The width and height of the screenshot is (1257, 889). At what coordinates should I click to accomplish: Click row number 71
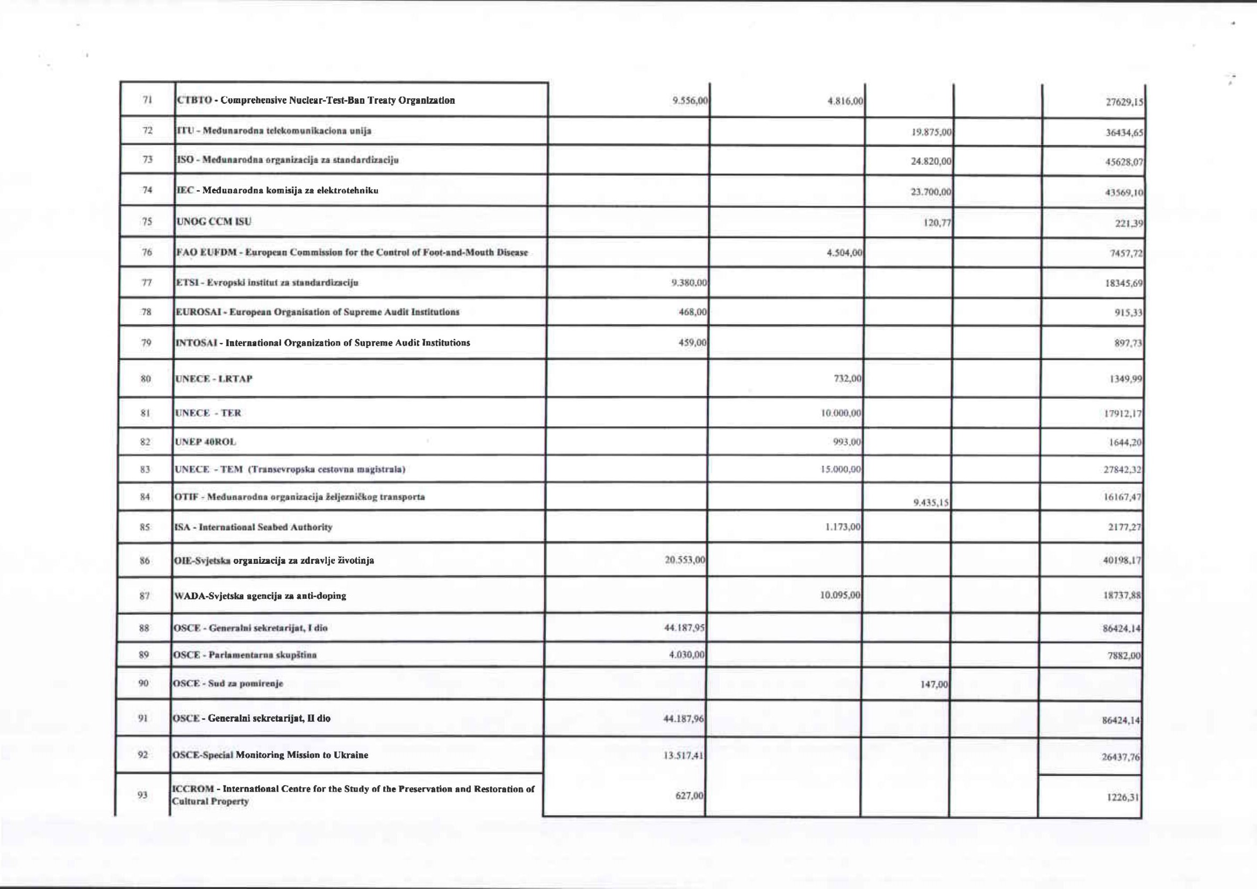click(x=147, y=100)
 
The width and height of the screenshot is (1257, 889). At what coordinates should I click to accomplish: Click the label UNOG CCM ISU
click(x=213, y=221)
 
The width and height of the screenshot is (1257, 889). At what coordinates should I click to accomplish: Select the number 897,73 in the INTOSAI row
click(x=1129, y=344)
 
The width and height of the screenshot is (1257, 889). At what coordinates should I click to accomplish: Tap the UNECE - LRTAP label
click(x=213, y=379)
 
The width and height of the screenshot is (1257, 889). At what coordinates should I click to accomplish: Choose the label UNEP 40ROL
click(x=205, y=442)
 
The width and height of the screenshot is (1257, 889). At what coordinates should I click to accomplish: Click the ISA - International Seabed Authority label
click(x=253, y=527)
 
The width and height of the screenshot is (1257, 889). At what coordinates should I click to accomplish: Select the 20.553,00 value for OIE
click(x=684, y=561)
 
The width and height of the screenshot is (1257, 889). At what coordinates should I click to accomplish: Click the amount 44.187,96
click(x=684, y=719)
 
